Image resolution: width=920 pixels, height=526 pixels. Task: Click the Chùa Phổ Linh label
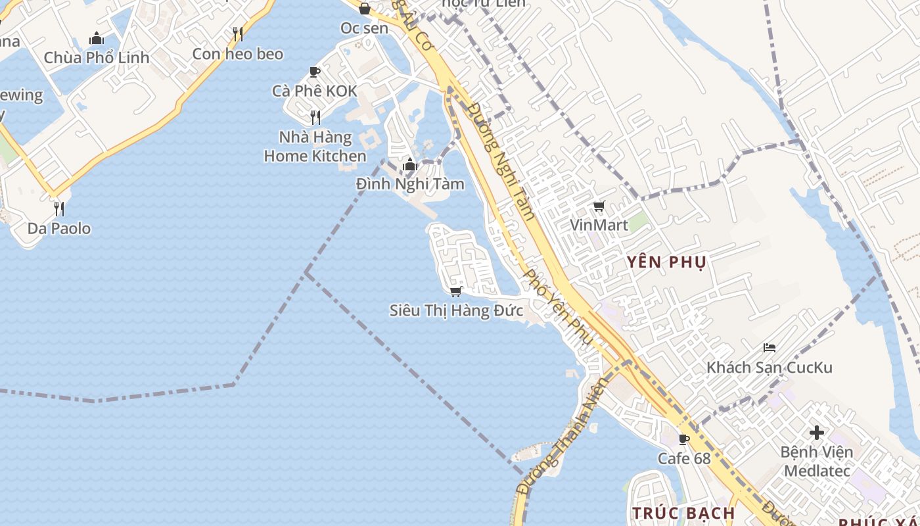coord(97,58)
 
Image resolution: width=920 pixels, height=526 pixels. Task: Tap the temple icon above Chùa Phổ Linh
coord(97,38)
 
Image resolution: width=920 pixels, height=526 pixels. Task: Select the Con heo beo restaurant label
coord(238,54)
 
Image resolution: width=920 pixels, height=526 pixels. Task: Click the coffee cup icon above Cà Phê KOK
coord(315,72)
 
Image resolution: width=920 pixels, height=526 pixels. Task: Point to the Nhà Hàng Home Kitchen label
coord(315,147)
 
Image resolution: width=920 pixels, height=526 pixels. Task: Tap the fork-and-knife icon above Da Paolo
coord(59,209)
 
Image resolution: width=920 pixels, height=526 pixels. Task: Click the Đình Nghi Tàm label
coord(410,184)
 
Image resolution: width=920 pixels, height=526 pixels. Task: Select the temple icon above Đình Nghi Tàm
coord(410,164)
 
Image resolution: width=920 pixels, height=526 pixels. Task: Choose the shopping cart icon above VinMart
coord(599,206)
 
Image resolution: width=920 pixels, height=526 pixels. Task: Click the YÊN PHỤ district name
coord(666,262)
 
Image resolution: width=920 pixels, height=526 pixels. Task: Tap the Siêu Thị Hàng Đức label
coord(456,310)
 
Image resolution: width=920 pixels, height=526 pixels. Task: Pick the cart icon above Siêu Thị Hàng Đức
coord(456,291)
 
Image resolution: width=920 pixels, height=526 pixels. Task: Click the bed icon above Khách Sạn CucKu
coord(770,347)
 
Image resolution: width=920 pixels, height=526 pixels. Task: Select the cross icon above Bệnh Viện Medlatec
coord(817,433)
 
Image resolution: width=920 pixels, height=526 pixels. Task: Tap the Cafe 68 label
coord(684,458)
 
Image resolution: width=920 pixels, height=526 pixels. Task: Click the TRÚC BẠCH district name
coord(683,512)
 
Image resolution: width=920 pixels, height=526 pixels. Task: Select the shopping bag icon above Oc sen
coord(365,9)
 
